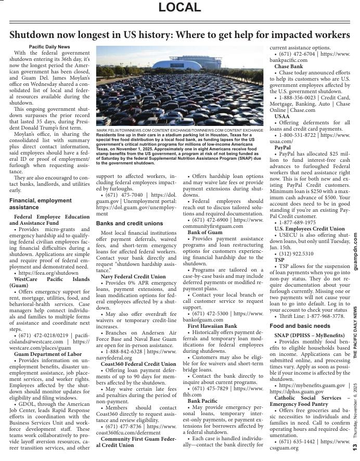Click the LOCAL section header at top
coord(179,7)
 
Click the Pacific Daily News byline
coord(49,47)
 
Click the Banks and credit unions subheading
coord(130,223)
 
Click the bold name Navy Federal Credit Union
coord(133,276)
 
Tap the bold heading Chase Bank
coord(289,67)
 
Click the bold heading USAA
coord(282,117)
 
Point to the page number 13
coord(354,446)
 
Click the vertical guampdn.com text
coord(354,251)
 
